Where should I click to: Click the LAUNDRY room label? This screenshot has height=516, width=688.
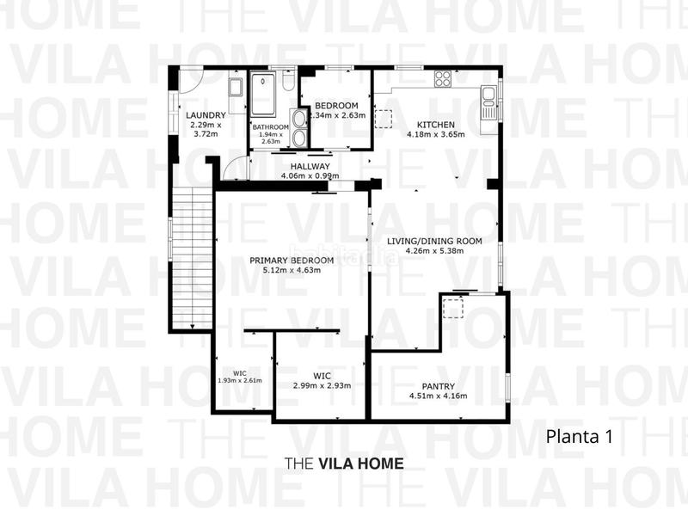pyautogui.click(x=206, y=115)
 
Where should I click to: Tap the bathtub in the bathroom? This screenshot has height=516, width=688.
pyautogui.click(x=266, y=95)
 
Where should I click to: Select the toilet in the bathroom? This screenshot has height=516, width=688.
pyautogui.click(x=290, y=82)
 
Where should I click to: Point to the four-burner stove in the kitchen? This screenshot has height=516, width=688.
pyautogui.click(x=443, y=79)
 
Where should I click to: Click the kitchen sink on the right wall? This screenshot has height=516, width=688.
pyautogui.click(x=489, y=96)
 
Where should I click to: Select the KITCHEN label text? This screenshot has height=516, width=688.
pyautogui.click(x=435, y=123)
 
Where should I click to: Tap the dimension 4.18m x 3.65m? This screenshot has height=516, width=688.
pyautogui.click(x=435, y=134)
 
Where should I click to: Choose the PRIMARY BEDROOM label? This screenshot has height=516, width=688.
pyautogui.click(x=292, y=260)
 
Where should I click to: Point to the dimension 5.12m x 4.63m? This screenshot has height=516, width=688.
pyautogui.click(x=292, y=270)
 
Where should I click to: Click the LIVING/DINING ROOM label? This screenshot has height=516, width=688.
pyautogui.click(x=433, y=241)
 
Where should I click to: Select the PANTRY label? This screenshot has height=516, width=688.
pyautogui.click(x=438, y=386)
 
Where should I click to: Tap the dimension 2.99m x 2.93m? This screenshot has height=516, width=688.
pyautogui.click(x=322, y=386)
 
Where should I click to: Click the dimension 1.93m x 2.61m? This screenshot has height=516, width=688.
pyautogui.click(x=240, y=380)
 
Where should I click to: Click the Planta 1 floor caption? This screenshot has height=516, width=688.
pyautogui.click(x=579, y=436)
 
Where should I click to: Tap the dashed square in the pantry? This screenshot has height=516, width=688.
pyautogui.click(x=453, y=308)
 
